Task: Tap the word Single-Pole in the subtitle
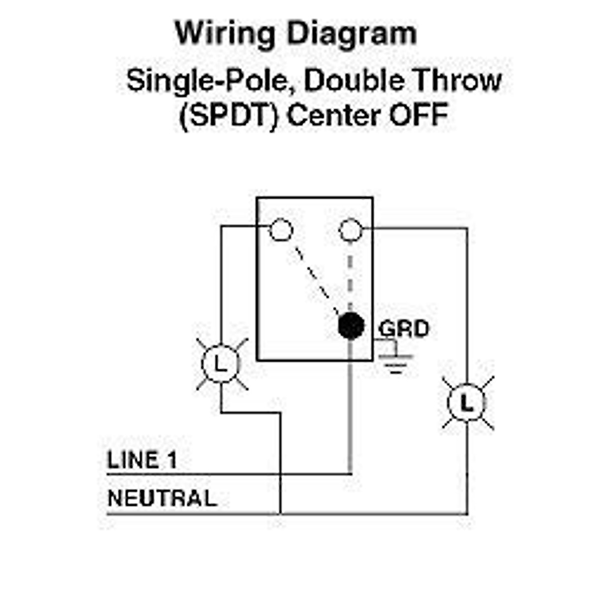(207, 81)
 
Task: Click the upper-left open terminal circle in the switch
(281, 230)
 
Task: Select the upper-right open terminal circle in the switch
(351, 230)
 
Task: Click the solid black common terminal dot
(351, 326)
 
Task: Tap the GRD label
(404, 328)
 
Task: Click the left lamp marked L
(221, 364)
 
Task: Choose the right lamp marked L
(466, 403)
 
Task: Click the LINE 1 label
(142, 460)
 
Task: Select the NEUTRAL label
(162, 498)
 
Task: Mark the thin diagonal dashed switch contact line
(315, 278)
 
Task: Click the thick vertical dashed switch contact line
(350, 276)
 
